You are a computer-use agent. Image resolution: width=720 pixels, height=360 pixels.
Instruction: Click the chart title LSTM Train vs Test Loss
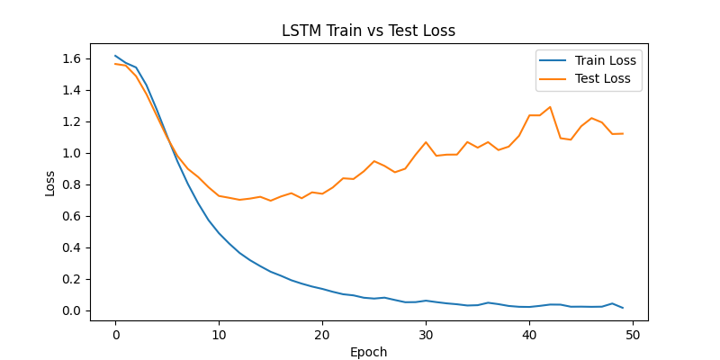(368, 31)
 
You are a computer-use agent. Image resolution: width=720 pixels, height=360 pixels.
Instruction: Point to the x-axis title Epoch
(368, 352)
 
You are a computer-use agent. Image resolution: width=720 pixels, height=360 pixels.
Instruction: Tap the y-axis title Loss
(50, 183)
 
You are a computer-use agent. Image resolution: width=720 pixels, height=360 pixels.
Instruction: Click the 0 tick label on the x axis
(115, 334)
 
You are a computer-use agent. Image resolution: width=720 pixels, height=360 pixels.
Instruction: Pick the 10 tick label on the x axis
(219, 334)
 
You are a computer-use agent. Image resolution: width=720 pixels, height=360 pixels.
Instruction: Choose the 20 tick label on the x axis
(322, 334)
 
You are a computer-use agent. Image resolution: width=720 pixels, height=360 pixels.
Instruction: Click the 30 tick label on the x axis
(426, 334)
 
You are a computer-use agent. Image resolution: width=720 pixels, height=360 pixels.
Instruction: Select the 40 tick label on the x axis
(529, 334)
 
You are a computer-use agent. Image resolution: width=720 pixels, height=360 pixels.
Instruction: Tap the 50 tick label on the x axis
(633, 334)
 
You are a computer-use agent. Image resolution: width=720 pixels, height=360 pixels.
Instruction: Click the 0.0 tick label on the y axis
(72, 310)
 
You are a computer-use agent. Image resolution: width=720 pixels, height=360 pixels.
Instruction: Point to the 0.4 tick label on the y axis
(72, 247)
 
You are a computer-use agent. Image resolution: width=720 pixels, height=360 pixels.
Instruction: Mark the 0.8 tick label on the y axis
(72, 184)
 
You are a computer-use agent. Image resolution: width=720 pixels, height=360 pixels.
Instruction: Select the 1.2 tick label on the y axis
(72, 121)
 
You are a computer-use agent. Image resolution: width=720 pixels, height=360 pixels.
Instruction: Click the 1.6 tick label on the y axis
(72, 58)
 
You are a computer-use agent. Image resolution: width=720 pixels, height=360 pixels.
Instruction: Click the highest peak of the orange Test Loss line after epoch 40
(550, 107)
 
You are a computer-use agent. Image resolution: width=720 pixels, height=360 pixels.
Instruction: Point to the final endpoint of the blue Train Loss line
(623, 308)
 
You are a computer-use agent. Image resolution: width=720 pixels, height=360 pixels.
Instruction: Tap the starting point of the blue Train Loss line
(115, 56)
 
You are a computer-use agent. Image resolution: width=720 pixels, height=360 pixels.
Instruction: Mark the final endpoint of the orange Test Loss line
(623, 133)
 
